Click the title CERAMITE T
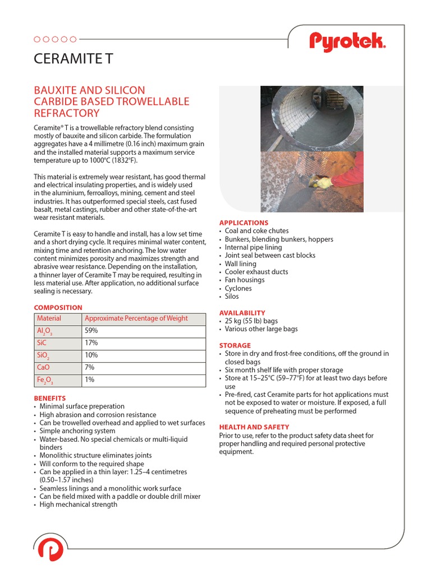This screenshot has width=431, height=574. click(74, 59)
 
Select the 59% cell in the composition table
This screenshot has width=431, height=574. click(91, 331)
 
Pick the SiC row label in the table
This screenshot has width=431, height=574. click(43, 343)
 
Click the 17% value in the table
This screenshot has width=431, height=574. click(91, 343)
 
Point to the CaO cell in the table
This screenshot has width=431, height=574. click(43, 368)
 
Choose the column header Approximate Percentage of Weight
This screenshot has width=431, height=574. click(136, 318)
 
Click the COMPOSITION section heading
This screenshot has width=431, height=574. click(58, 308)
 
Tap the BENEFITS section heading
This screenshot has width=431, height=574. click(50, 399)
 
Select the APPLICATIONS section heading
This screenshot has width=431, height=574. click(244, 223)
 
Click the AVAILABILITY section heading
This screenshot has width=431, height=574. click(242, 313)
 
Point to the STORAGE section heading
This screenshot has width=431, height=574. click(235, 345)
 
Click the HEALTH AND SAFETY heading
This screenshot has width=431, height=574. click(254, 427)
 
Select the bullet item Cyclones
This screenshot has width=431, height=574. click(238, 289)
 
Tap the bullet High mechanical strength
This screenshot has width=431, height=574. click(78, 504)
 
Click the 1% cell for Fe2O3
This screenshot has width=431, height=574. click(89, 380)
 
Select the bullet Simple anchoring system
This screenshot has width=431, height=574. click(77, 431)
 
